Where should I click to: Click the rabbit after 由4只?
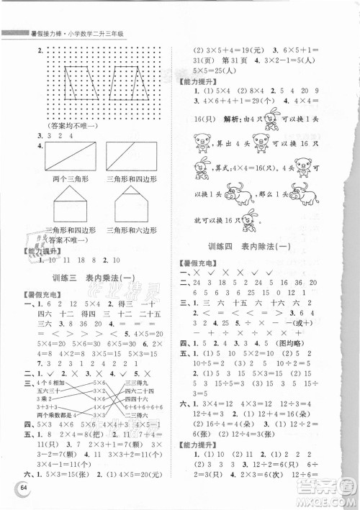(277, 116)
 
